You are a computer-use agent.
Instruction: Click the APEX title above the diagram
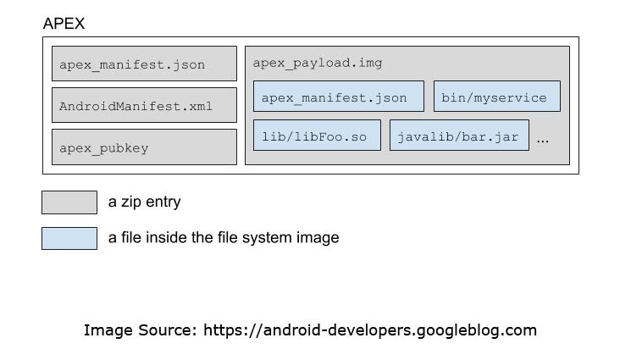pos(64,24)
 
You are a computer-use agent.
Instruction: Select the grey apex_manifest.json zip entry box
pos(144,64)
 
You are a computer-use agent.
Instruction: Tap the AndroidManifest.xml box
pos(144,106)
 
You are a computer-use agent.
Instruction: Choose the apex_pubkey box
pos(144,147)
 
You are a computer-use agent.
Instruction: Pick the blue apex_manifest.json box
pos(338,97)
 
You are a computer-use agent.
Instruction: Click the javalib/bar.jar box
pos(459,136)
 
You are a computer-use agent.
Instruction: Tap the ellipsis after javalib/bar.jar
pos(543,138)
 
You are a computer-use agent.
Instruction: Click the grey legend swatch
pos(69,202)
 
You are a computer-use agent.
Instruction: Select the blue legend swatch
pos(69,238)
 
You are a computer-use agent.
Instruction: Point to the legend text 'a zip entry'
pos(144,202)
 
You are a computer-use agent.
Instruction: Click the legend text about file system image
pos(224,238)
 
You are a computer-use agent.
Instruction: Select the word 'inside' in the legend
pos(163,238)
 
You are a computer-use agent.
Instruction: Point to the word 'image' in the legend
pos(318,238)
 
